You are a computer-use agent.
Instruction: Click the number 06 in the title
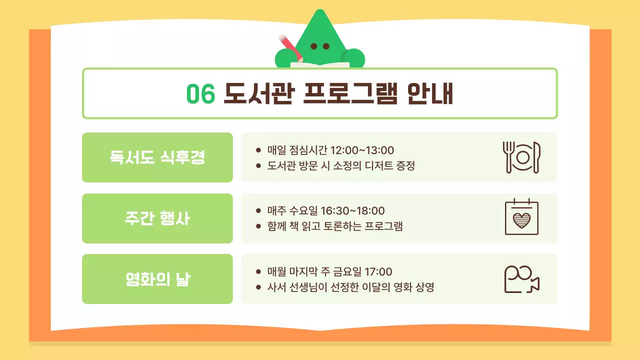click(x=200, y=93)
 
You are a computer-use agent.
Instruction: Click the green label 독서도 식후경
click(x=157, y=157)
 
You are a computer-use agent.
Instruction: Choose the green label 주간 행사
click(x=157, y=218)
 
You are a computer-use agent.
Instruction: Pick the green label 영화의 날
click(x=157, y=279)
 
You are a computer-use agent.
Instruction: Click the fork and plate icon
click(x=521, y=157)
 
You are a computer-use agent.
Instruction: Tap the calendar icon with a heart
click(x=521, y=217)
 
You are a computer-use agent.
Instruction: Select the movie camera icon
click(x=521, y=279)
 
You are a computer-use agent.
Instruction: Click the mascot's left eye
click(x=314, y=46)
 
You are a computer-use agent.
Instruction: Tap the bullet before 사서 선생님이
click(x=258, y=287)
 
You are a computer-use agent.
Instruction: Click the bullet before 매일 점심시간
click(x=258, y=150)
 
